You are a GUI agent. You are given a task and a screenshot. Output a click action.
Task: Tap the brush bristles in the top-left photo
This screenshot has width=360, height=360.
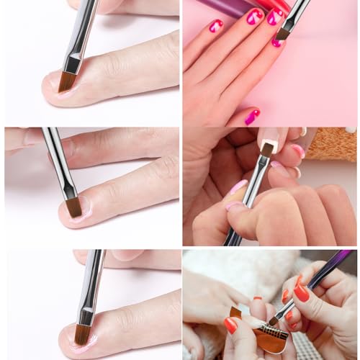tap(68, 81)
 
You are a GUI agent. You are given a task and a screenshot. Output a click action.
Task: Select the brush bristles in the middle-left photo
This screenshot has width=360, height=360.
tap(73, 207)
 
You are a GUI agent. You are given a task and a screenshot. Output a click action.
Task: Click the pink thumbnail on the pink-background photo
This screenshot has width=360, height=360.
tap(251, 117)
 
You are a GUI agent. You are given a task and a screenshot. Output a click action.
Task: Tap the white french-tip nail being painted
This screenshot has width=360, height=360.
tap(267, 145)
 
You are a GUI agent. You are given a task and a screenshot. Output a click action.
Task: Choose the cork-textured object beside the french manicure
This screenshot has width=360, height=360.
tap(332, 145)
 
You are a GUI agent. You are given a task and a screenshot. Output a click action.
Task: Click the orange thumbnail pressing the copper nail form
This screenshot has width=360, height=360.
tap(230, 325)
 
